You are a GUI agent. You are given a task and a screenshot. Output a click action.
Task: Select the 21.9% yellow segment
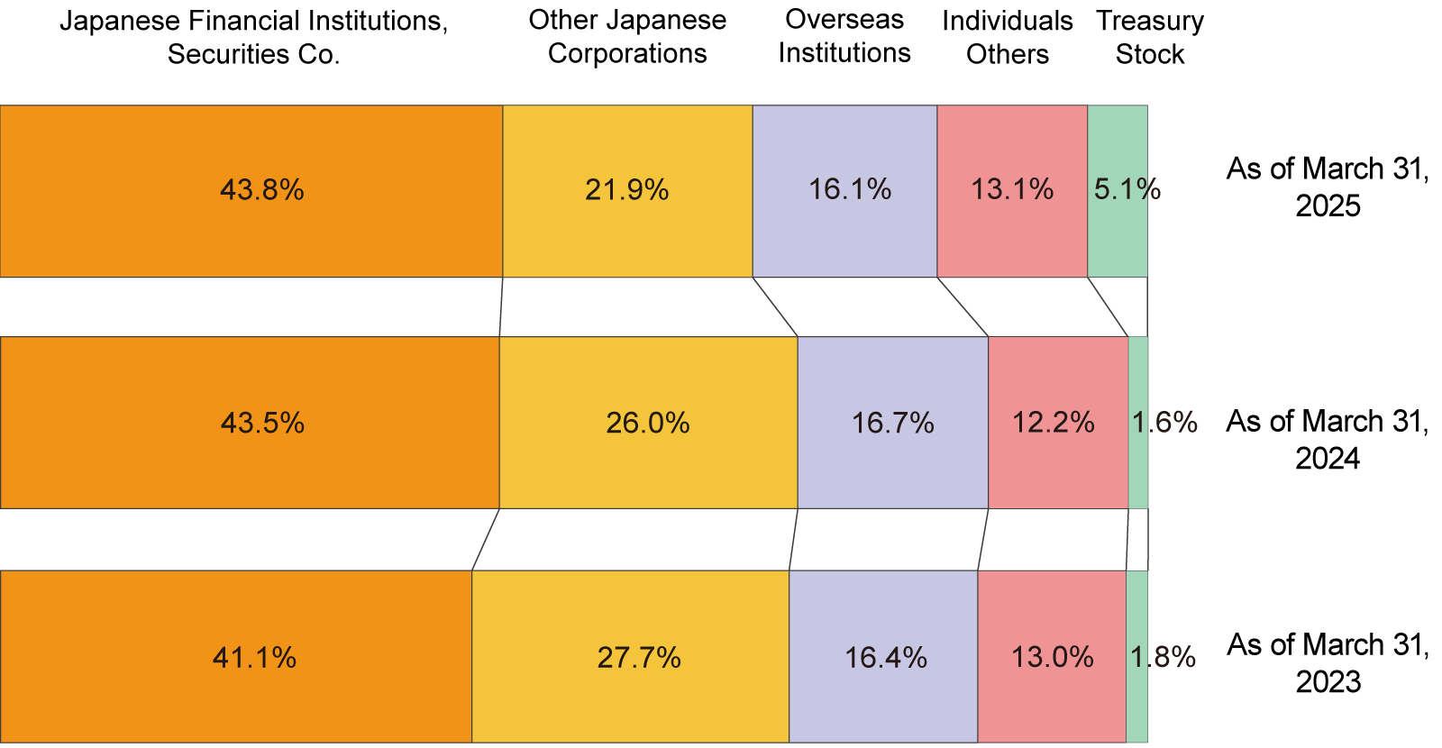coord(627,191)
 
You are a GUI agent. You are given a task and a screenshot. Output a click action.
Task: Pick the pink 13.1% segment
coord(1012,191)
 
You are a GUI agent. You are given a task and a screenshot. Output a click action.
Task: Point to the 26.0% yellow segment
coord(648,423)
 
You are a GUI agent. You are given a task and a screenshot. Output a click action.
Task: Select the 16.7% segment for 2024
coord(892,423)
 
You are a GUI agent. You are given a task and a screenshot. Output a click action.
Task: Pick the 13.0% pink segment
coord(1052,657)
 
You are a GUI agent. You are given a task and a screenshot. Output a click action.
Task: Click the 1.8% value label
coord(1164,657)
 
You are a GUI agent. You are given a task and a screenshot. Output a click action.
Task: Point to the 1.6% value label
coord(1165,423)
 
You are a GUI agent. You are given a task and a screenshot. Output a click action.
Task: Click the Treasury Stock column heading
coord(1150,38)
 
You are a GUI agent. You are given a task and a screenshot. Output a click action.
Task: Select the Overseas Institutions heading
coord(844,36)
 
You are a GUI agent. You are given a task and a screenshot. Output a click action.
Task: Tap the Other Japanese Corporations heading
coord(627,37)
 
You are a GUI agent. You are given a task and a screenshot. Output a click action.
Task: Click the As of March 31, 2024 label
coord(1328,440)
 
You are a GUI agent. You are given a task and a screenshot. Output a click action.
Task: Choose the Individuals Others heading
coord(1008,38)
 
